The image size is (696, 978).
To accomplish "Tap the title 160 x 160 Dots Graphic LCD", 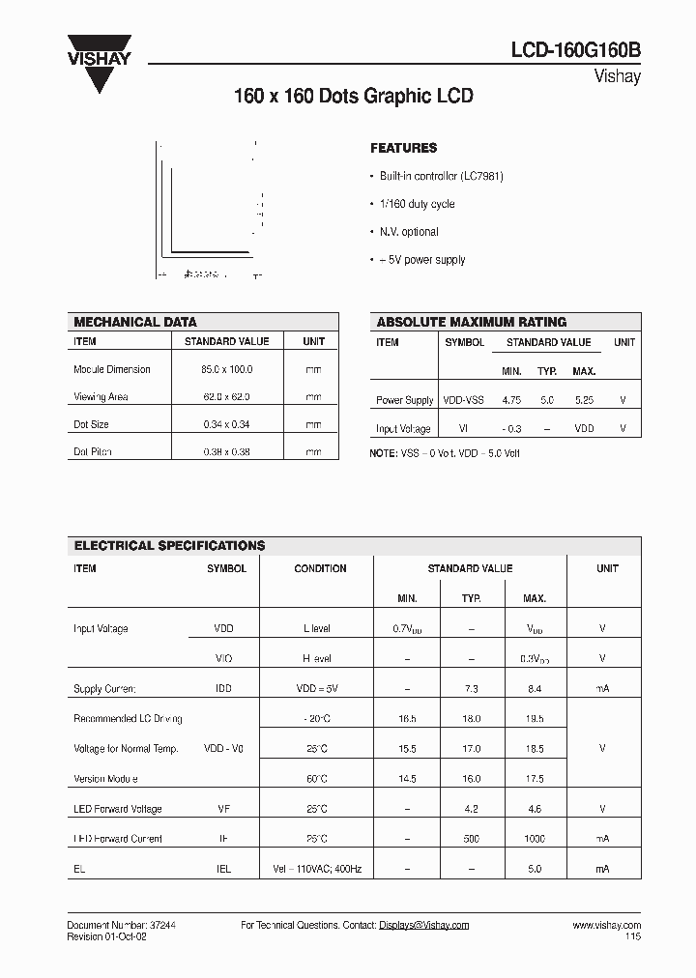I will (354, 98).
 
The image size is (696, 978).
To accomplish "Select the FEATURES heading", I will (404, 149).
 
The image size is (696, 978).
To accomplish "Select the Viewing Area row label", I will (101, 397).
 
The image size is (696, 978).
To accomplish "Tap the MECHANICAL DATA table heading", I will (135, 322).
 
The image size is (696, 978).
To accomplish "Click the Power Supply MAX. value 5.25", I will (584, 400).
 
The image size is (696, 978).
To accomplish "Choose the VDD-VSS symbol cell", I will (465, 400).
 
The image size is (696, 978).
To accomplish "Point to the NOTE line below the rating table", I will (446, 453).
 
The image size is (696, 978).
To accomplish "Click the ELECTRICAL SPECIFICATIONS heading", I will (170, 546).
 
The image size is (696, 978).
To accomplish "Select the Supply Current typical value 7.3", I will (471, 689).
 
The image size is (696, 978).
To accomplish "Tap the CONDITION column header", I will (320, 568).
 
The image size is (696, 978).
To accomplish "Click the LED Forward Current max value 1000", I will (535, 839).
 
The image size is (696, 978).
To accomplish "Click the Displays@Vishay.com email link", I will (423, 925).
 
